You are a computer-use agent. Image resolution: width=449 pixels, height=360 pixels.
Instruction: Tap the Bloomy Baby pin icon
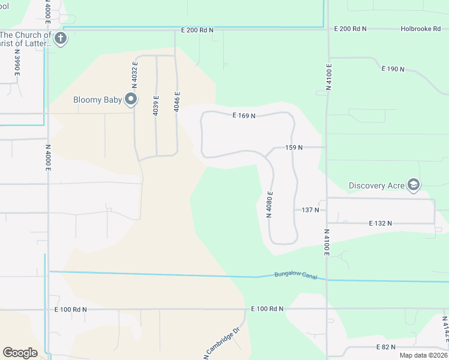(131, 100)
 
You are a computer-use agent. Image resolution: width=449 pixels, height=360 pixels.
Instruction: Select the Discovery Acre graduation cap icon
(413, 185)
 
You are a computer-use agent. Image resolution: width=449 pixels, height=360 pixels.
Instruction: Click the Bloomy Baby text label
(98, 100)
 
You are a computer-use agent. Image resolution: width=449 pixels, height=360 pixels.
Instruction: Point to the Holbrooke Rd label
(421, 29)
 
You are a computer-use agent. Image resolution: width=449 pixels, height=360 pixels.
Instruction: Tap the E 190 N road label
(393, 69)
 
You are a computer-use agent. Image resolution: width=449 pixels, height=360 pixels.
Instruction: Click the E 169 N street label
(244, 115)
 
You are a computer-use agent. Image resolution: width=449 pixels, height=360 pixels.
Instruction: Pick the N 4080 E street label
(270, 205)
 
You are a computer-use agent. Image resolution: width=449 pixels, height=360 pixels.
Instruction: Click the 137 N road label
(310, 210)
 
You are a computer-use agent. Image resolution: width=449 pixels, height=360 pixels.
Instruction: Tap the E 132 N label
(380, 223)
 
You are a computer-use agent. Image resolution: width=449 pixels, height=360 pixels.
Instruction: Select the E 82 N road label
(387, 347)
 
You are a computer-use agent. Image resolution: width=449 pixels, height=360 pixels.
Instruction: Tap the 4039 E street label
(156, 106)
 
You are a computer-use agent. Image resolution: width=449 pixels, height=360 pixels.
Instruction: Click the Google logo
(20, 353)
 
